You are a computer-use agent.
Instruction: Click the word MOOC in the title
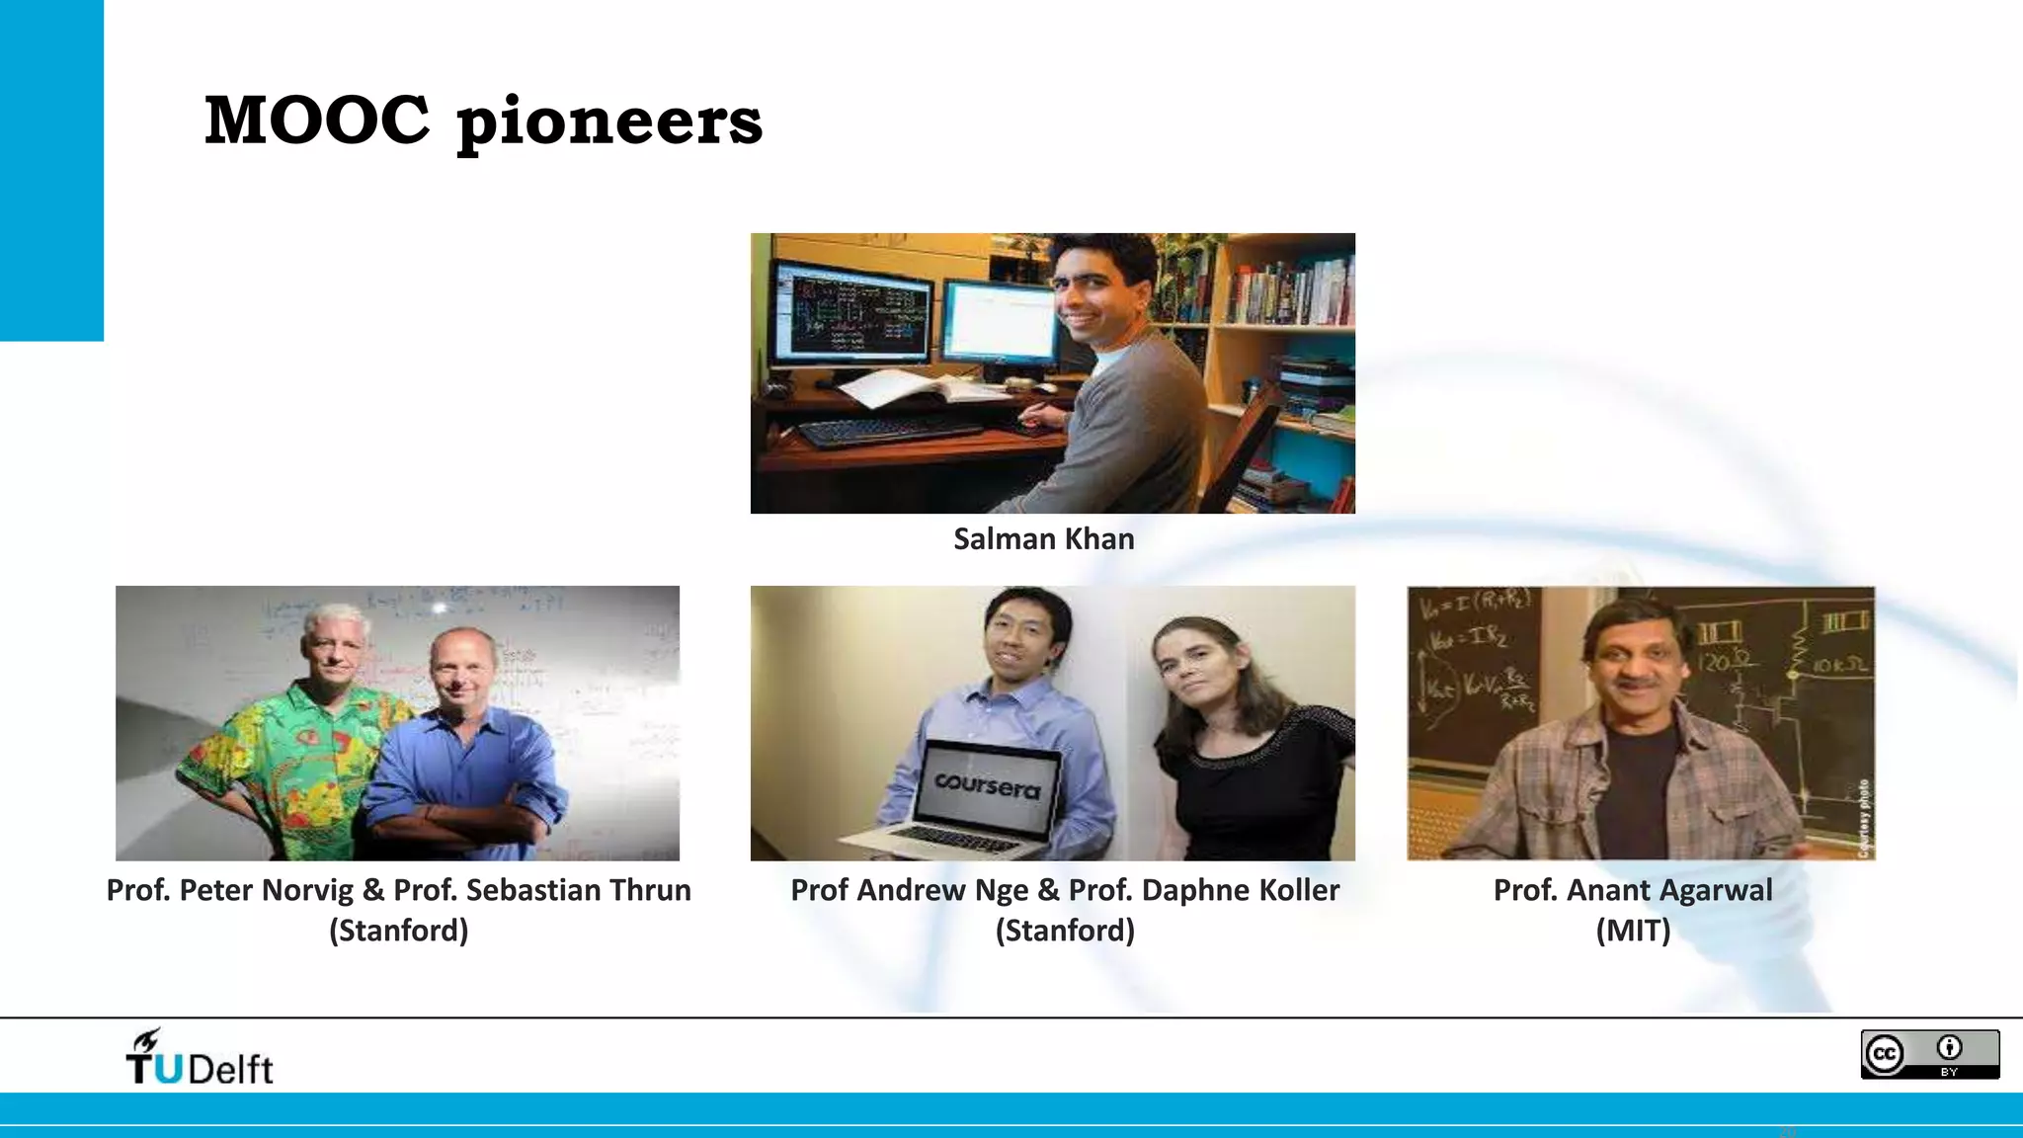point(316,121)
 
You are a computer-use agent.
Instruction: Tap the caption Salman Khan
point(1043,539)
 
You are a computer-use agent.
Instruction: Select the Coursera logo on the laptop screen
point(988,785)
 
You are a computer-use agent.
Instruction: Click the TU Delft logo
point(200,1058)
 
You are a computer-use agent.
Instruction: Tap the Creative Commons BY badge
point(1929,1054)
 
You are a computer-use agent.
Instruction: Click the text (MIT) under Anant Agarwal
point(1633,931)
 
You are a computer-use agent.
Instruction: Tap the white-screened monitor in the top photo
point(1000,323)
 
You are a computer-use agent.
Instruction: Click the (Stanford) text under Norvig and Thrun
point(398,931)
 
